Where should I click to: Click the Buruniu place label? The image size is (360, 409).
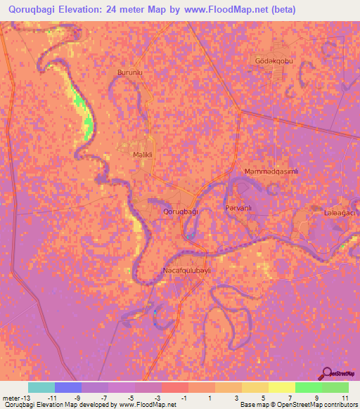point(130,72)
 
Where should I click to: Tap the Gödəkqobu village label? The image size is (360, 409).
point(274,61)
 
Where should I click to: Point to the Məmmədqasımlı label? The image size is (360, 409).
point(271,172)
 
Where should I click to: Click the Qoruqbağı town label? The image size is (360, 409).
point(181,211)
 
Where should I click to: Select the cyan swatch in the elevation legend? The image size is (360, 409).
point(41,387)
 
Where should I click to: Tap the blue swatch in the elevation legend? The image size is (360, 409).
point(68,387)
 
